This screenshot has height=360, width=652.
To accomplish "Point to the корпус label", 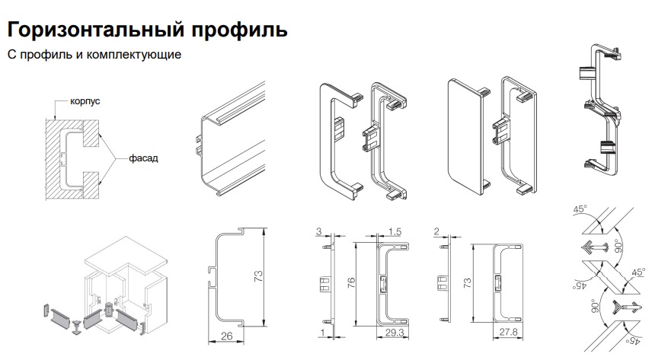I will tap(85, 100).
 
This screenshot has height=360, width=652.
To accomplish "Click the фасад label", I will tap(133, 158).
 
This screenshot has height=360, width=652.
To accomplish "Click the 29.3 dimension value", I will tap(395, 333).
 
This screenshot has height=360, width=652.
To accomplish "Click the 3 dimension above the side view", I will tap(318, 230).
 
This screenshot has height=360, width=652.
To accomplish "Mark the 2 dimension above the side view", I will tap(435, 230).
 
